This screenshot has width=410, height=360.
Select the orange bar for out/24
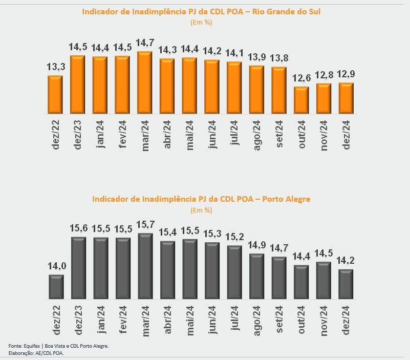click(x=301, y=100)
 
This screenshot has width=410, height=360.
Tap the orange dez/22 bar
click(x=55, y=95)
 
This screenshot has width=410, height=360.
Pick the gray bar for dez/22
click(x=56, y=287)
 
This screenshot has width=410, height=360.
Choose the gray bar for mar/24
click(x=145, y=266)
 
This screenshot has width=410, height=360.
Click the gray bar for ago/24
click(x=257, y=276)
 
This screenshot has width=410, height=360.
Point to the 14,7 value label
click(x=145, y=43)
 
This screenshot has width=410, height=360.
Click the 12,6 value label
click(x=301, y=78)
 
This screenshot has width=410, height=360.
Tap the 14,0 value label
click(x=56, y=266)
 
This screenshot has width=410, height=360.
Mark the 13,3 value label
click(x=55, y=67)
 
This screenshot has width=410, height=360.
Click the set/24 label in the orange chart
click(x=279, y=134)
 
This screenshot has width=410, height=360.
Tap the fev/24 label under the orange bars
click(x=122, y=134)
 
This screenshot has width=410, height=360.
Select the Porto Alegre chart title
click(x=201, y=199)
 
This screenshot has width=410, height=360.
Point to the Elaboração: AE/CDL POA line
click(x=36, y=353)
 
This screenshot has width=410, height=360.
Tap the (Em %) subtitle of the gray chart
click(x=201, y=210)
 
